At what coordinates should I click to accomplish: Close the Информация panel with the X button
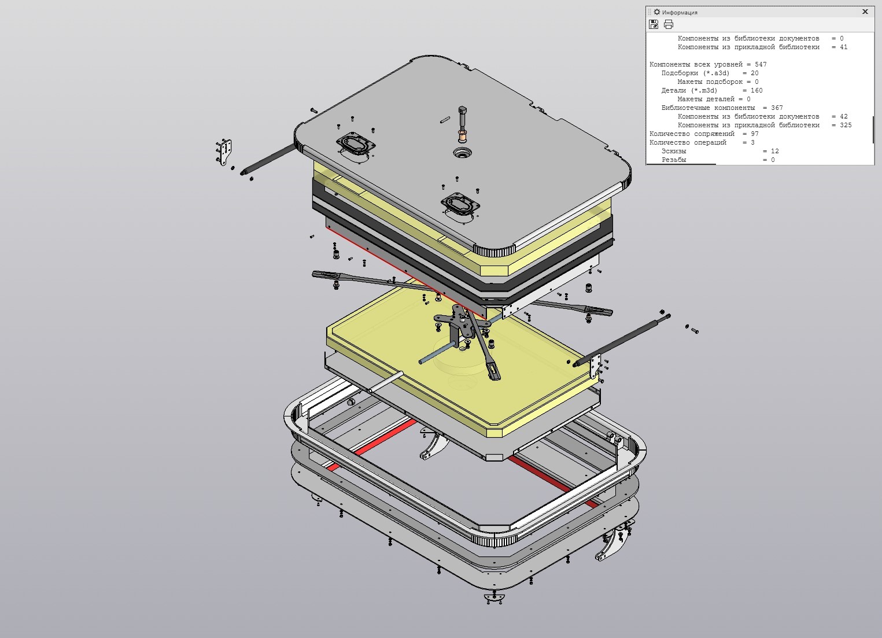(865, 12)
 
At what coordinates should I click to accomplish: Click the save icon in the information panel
(654, 24)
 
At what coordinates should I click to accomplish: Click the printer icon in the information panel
(668, 24)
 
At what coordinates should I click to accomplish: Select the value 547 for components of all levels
(761, 64)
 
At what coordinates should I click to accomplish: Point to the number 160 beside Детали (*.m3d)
(756, 90)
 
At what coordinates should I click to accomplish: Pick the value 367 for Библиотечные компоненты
(777, 108)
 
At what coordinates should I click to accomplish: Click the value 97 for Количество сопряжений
(754, 134)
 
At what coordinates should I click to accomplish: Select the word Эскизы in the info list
(674, 151)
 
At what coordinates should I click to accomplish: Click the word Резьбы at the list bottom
(674, 160)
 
